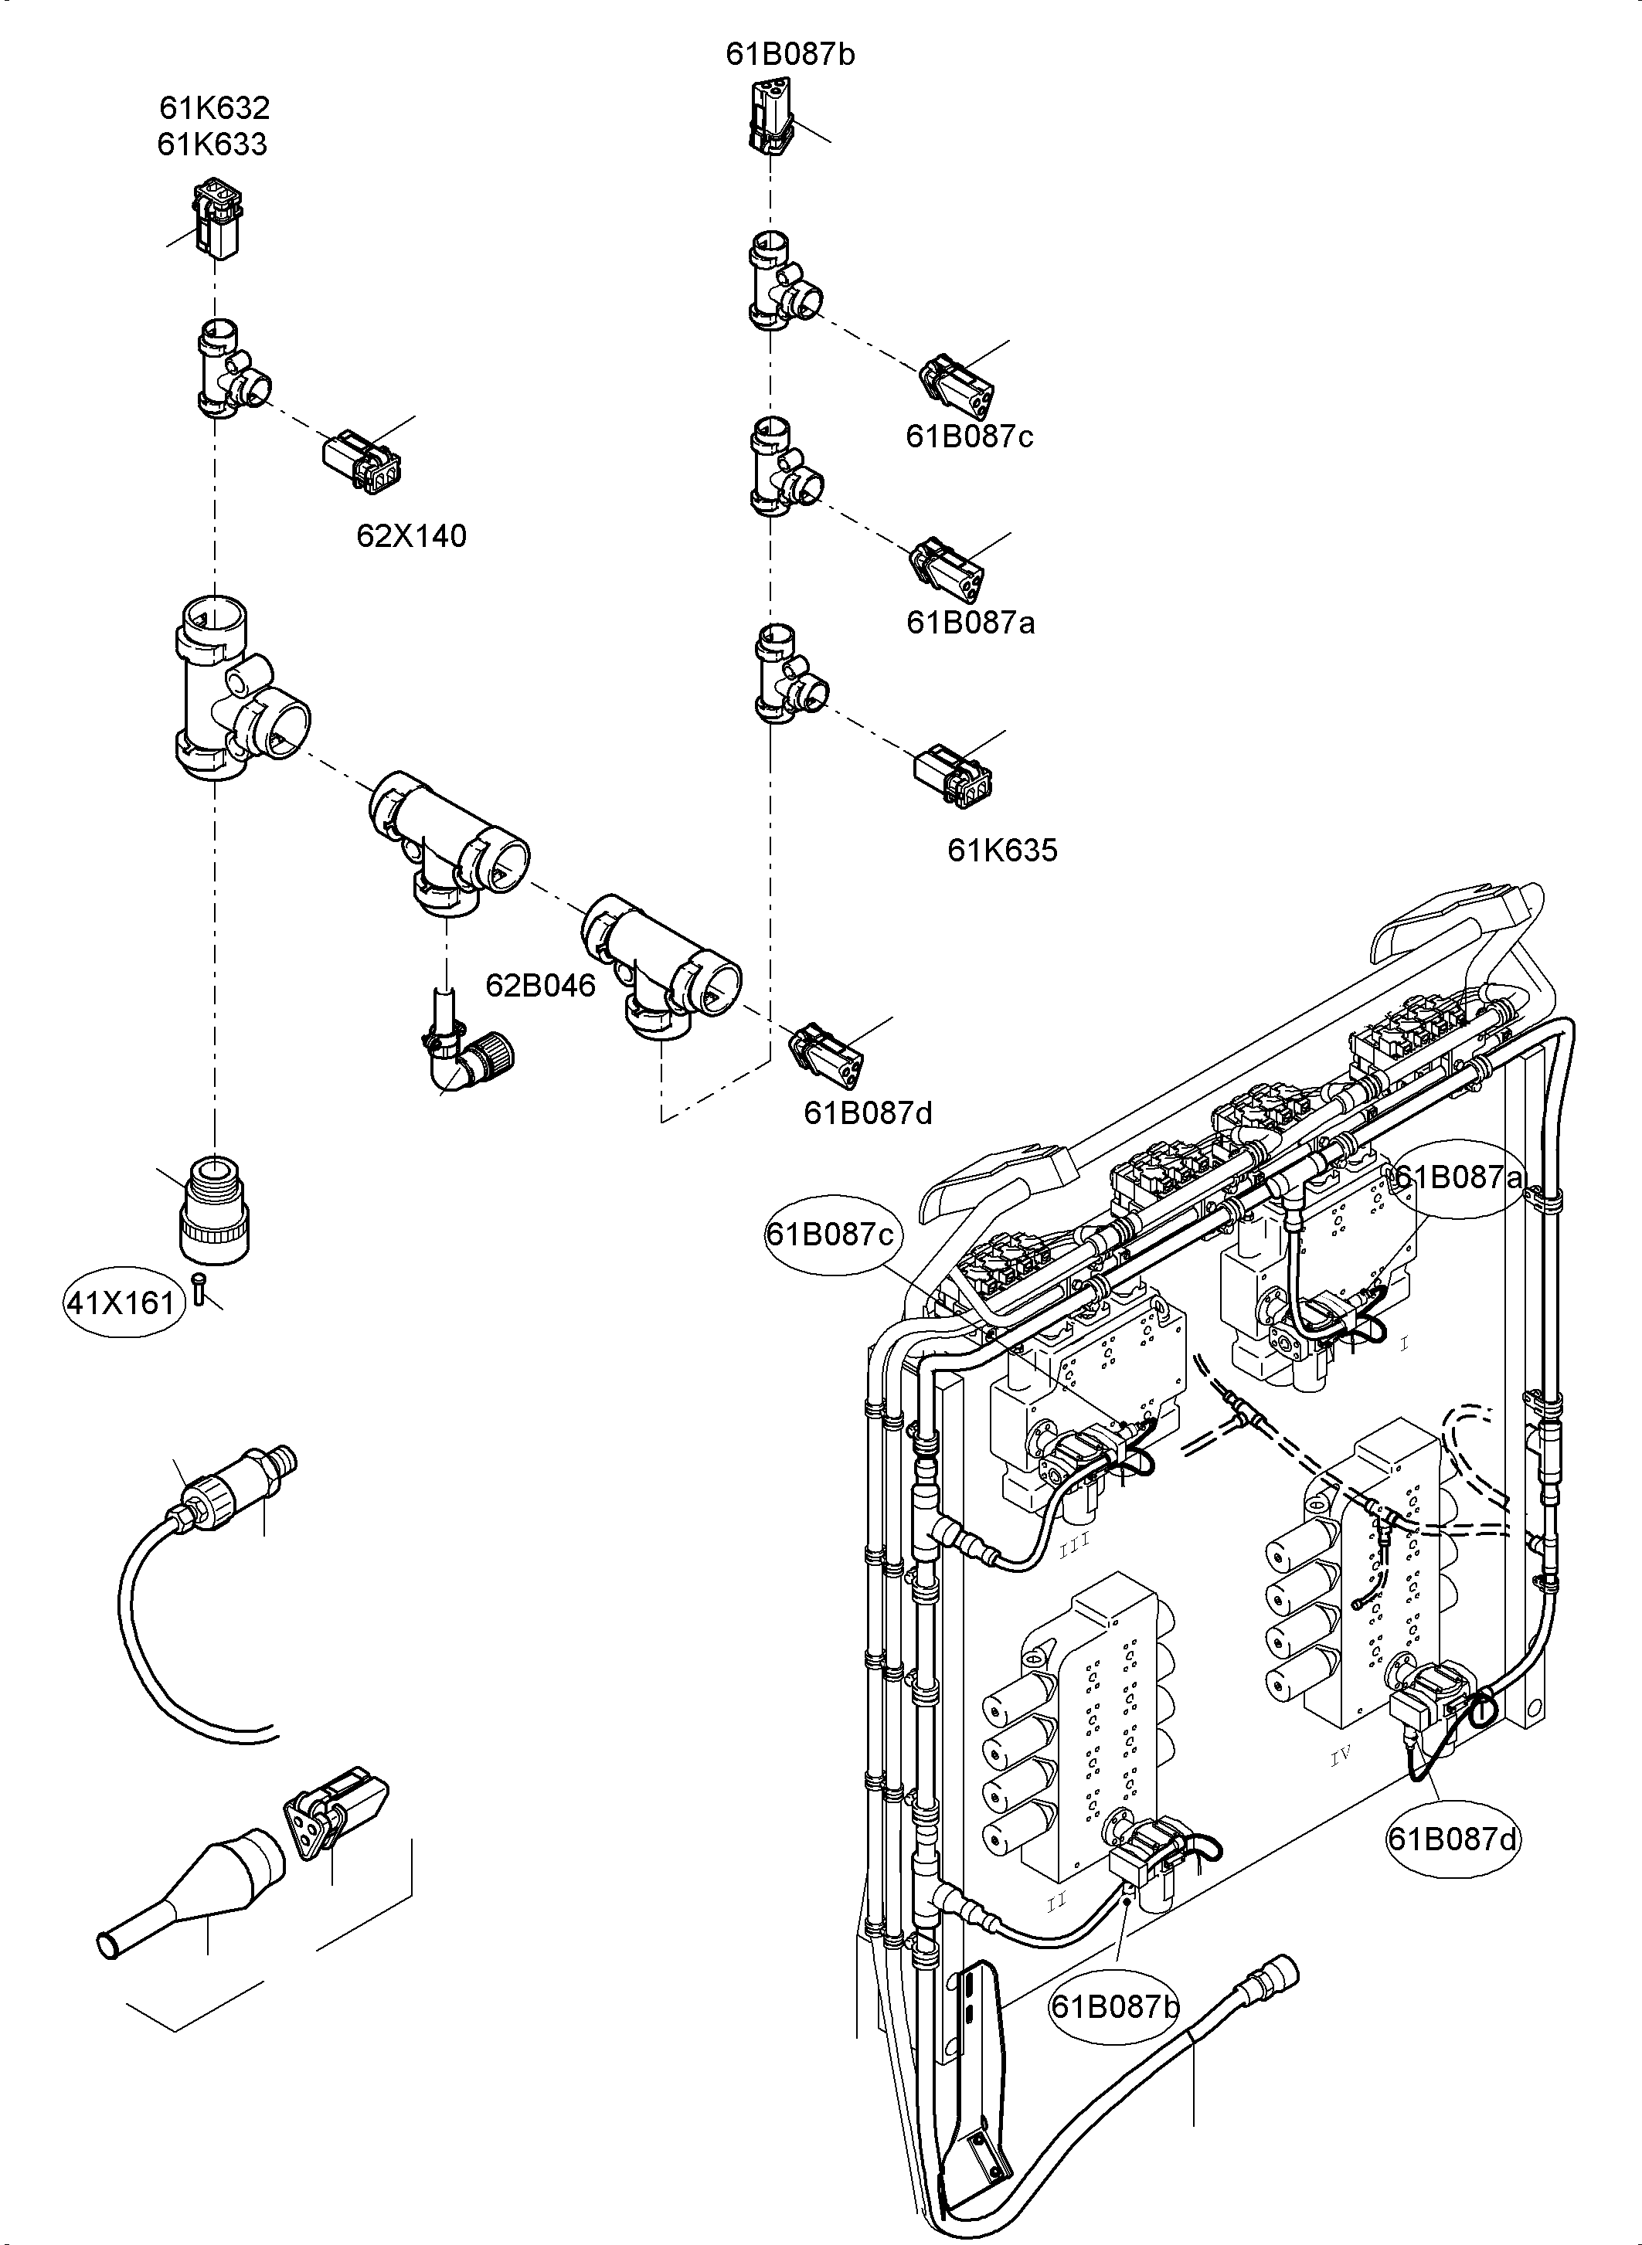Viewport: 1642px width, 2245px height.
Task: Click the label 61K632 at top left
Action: tap(215, 107)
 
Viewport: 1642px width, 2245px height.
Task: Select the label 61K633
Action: tap(212, 145)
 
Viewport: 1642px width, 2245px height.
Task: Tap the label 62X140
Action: tap(412, 537)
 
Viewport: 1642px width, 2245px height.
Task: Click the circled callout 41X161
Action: tap(122, 1302)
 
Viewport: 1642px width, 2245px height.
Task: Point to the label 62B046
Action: tap(541, 986)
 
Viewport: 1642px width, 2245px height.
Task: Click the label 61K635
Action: tap(1002, 851)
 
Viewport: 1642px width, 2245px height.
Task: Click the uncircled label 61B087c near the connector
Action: tap(969, 436)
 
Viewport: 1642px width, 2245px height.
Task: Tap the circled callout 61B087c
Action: tap(830, 1235)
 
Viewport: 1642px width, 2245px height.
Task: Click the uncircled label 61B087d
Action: tap(868, 1113)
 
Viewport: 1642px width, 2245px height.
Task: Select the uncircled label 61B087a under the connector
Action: tap(970, 623)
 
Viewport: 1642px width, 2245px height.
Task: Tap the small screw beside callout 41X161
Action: tap(200, 1289)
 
